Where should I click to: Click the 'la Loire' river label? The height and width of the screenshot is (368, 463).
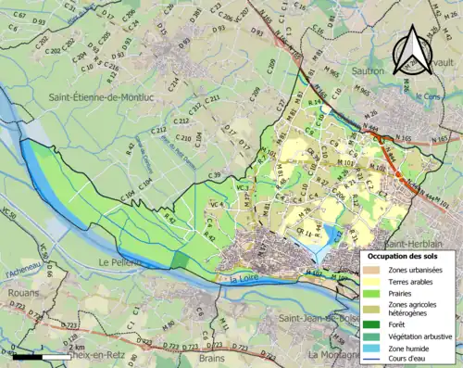pos(245,276)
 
